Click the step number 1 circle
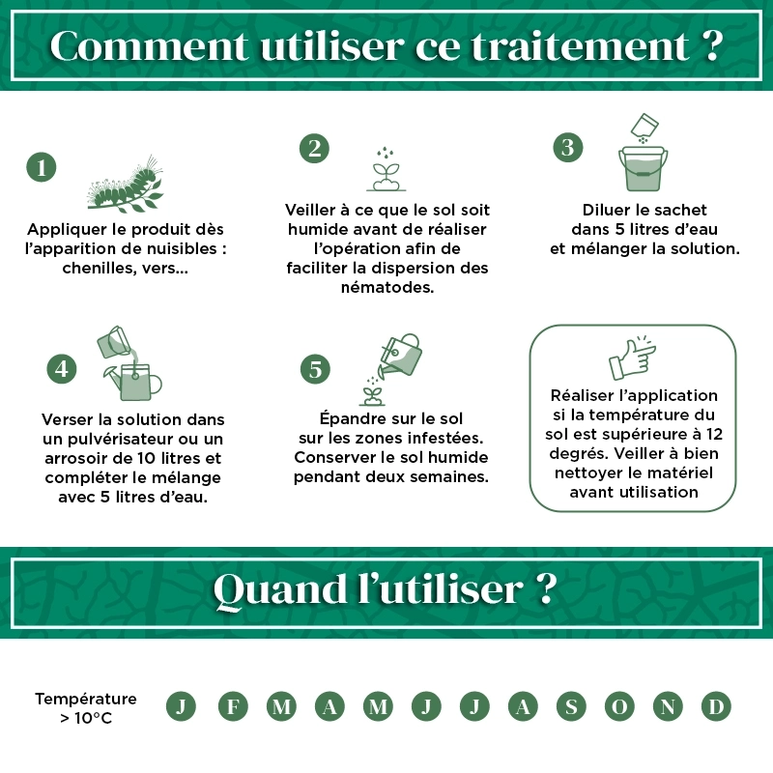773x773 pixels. pos(41,167)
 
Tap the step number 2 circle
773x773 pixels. pos(313,148)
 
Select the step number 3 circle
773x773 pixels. pos(568,147)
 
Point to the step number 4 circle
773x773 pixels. pos(62,368)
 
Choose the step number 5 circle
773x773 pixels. pos(315,368)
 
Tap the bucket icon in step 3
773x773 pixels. pos(642,168)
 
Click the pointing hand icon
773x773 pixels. pos(632,359)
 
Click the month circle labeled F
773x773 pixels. pos(233,706)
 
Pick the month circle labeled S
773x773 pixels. pos(570,706)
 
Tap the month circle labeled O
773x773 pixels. pos(618,706)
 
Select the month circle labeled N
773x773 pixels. pos(667,706)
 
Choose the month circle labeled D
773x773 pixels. pos(715,706)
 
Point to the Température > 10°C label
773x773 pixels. pos(86,707)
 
